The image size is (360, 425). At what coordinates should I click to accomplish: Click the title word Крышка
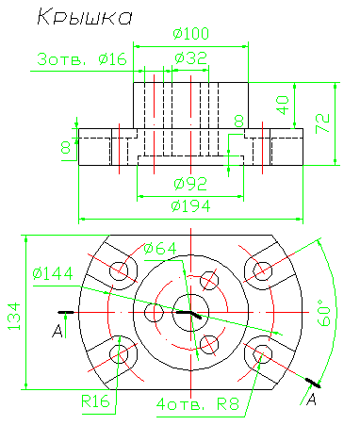pyautogui.click(x=85, y=17)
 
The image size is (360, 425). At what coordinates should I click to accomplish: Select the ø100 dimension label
pyautogui.click(x=191, y=33)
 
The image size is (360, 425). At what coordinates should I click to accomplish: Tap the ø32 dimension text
pyautogui.click(x=191, y=58)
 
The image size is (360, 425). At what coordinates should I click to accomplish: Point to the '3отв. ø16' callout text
pyautogui.click(x=82, y=59)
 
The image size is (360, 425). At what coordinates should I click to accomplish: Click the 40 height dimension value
pyautogui.click(x=283, y=106)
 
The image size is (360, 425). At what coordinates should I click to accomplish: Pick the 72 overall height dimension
pyautogui.click(x=323, y=123)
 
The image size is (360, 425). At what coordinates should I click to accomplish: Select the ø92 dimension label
pyautogui.click(x=190, y=184)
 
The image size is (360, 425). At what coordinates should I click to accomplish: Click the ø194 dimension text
pyautogui.click(x=190, y=206)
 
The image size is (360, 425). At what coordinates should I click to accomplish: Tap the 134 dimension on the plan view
pyautogui.click(x=14, y=316)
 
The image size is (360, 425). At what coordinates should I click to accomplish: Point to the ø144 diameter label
pyautogui.click(x=53, y=273)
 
